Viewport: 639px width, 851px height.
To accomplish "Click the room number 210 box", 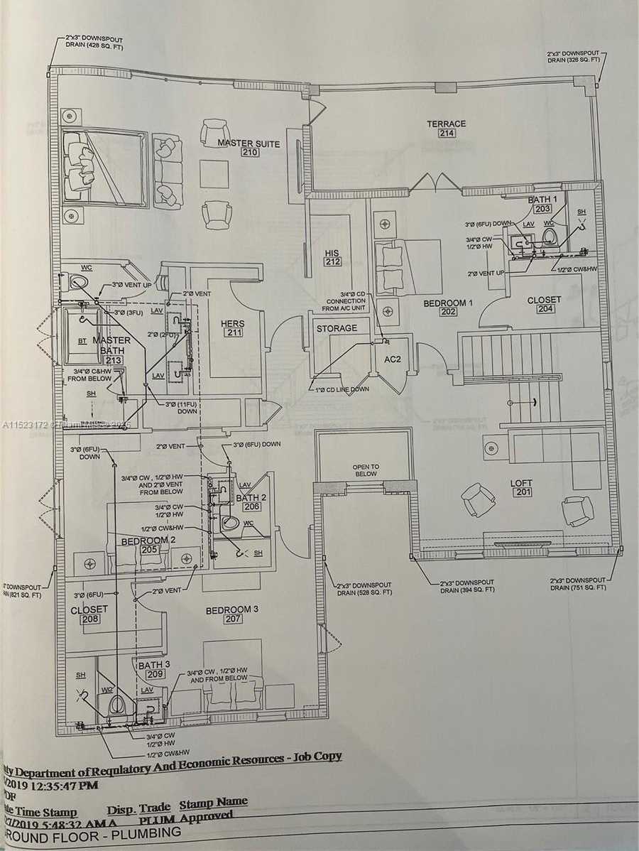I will (249, 153).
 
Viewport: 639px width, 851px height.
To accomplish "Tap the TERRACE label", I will (446, 124).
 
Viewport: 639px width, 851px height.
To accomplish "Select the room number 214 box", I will (446, 134).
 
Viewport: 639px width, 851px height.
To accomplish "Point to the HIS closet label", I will (332, 253).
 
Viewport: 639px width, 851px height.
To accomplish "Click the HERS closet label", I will (232, 324).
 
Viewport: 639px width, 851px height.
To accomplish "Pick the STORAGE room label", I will (337, 328).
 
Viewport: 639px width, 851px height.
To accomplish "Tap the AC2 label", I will (393, 359).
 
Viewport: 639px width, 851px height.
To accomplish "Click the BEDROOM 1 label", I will (448, 303).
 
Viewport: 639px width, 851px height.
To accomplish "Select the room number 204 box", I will (544, 309).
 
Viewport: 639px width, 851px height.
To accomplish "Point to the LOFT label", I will (520, 483).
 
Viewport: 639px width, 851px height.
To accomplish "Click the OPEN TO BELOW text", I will (366, 470).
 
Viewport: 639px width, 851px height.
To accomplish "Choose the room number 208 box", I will (89, 619).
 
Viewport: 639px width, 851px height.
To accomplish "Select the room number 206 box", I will (251, 506).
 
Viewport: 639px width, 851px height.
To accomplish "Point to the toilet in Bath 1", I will (550, 234).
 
